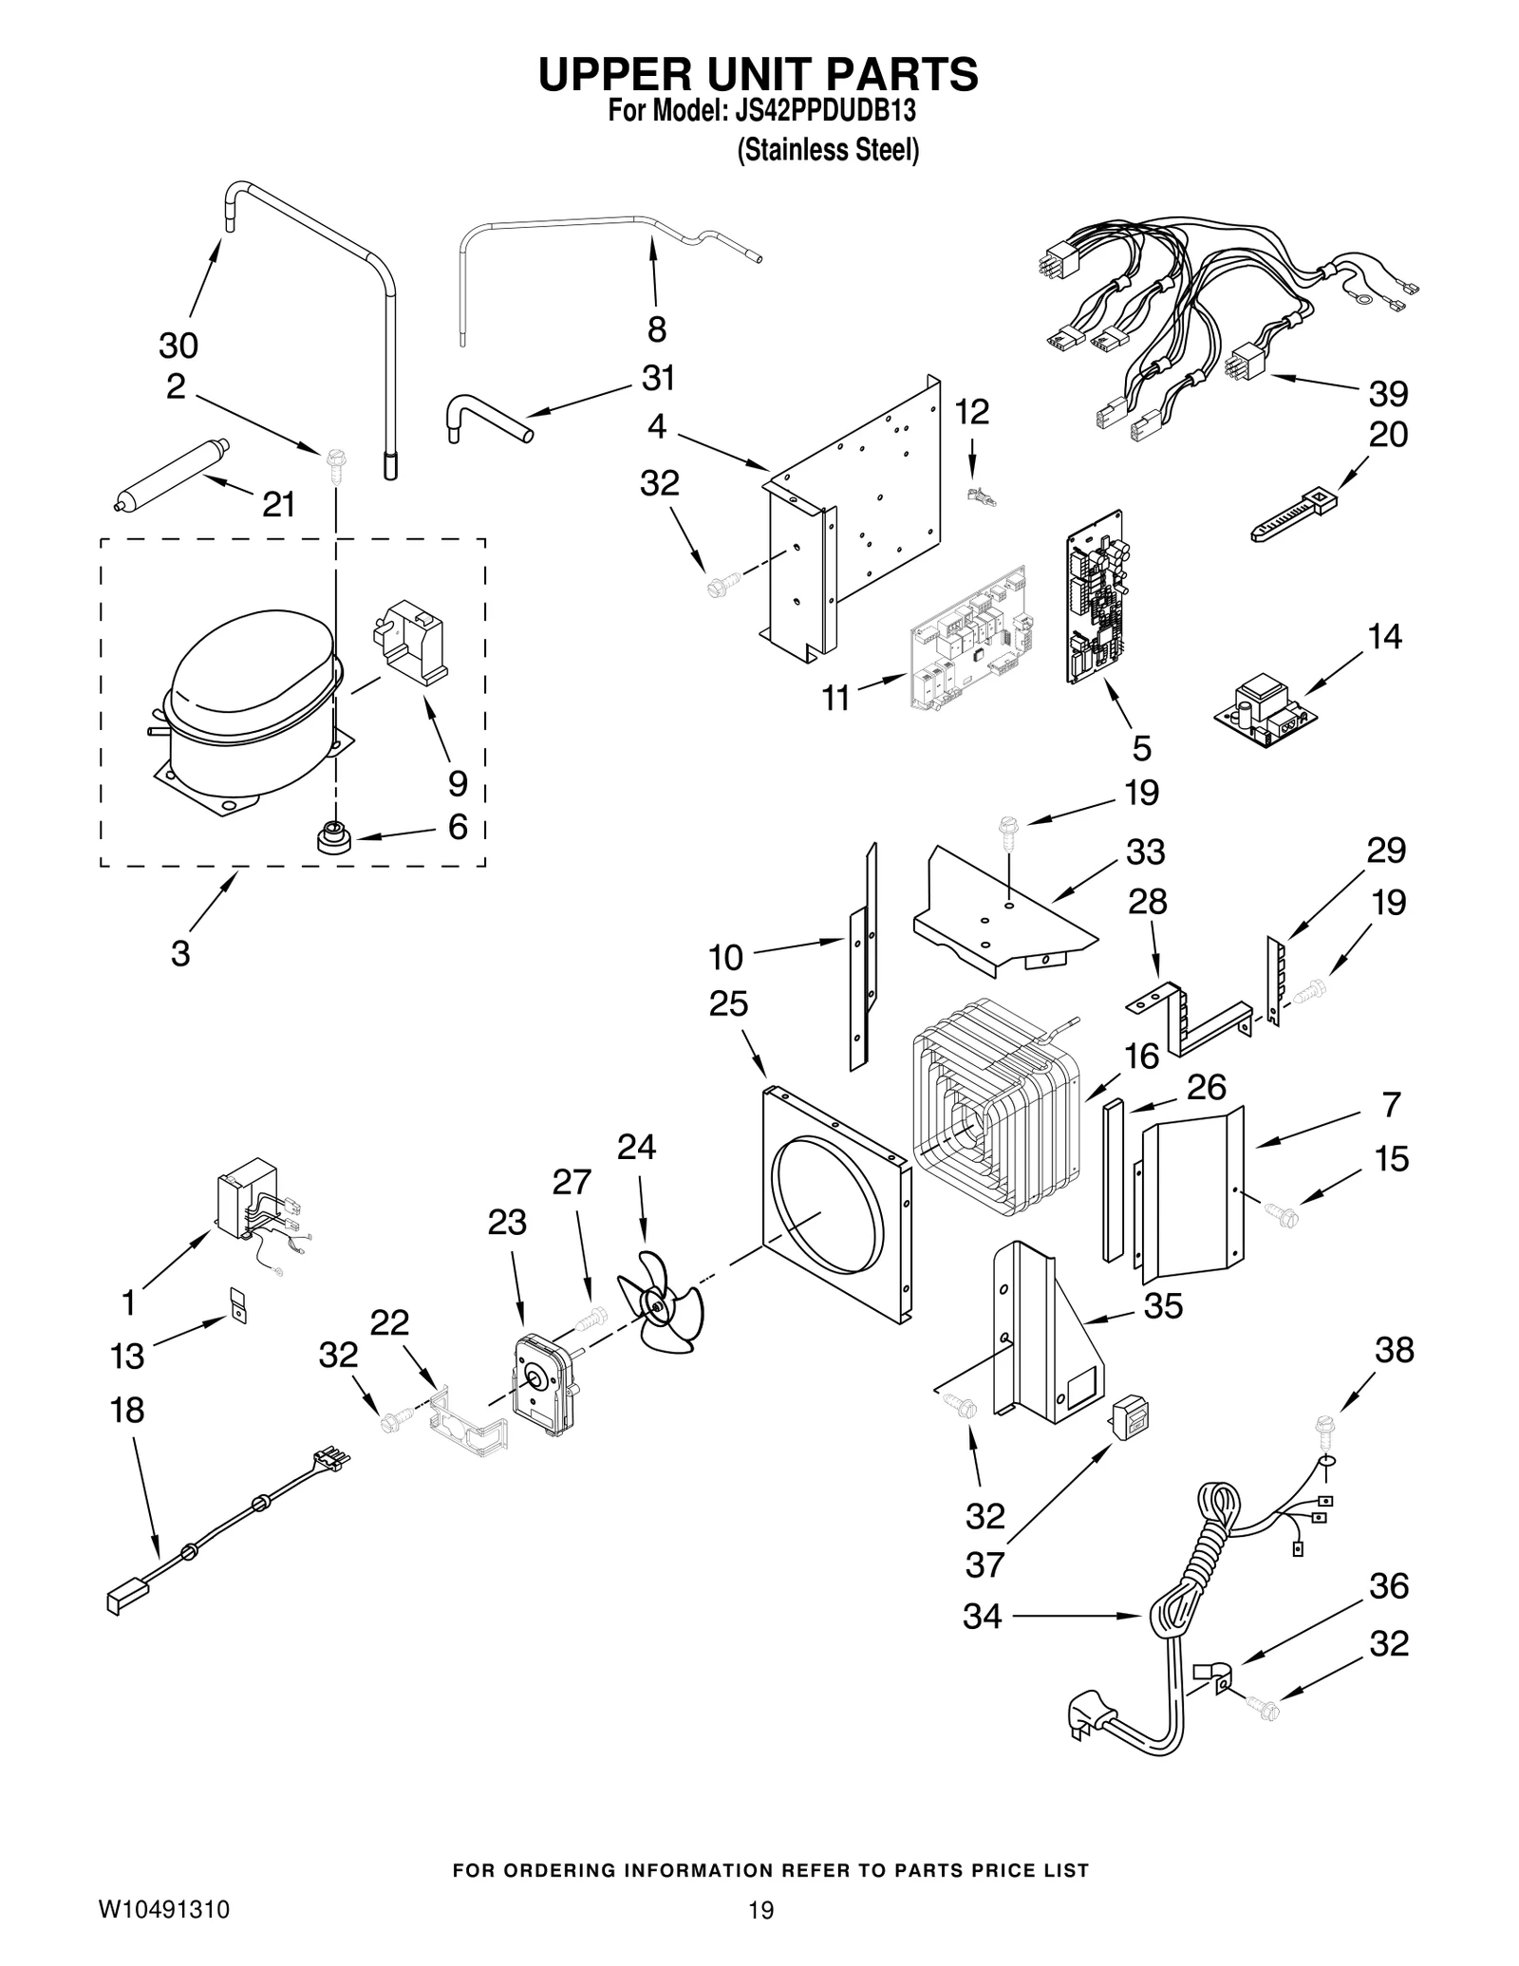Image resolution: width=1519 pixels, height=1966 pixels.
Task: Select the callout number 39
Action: tap(1388, 393)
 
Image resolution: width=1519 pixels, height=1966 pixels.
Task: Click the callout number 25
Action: tap(729, 1003)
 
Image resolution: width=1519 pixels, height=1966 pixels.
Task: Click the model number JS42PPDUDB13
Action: tap(825, 111)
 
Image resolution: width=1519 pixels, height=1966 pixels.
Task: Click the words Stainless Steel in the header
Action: tap(829, 150)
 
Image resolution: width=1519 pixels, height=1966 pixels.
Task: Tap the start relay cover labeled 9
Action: tap(413, 640)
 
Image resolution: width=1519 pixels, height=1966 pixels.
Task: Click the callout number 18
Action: tap(127, 1411)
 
